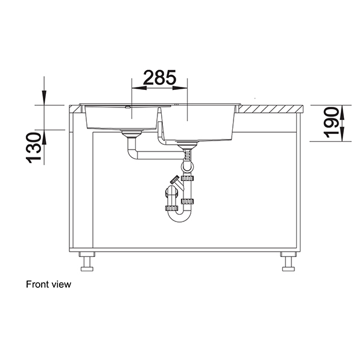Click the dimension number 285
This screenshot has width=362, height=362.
tap(159, 77)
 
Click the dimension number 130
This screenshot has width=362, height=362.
tap(34, 148)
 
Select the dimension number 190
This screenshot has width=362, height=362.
tap(331, 122)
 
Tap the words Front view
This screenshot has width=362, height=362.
tap(48, 284)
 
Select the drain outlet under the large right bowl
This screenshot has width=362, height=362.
tap(188, 144)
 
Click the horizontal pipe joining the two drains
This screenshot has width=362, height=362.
tap(157, 156)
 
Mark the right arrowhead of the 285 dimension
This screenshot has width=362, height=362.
tap(183, 88)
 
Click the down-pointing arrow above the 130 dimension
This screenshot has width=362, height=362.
tap(43, 97)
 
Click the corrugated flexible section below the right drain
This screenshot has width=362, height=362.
tap(188, 159)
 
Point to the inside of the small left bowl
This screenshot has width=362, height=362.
tap(121, 118)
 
